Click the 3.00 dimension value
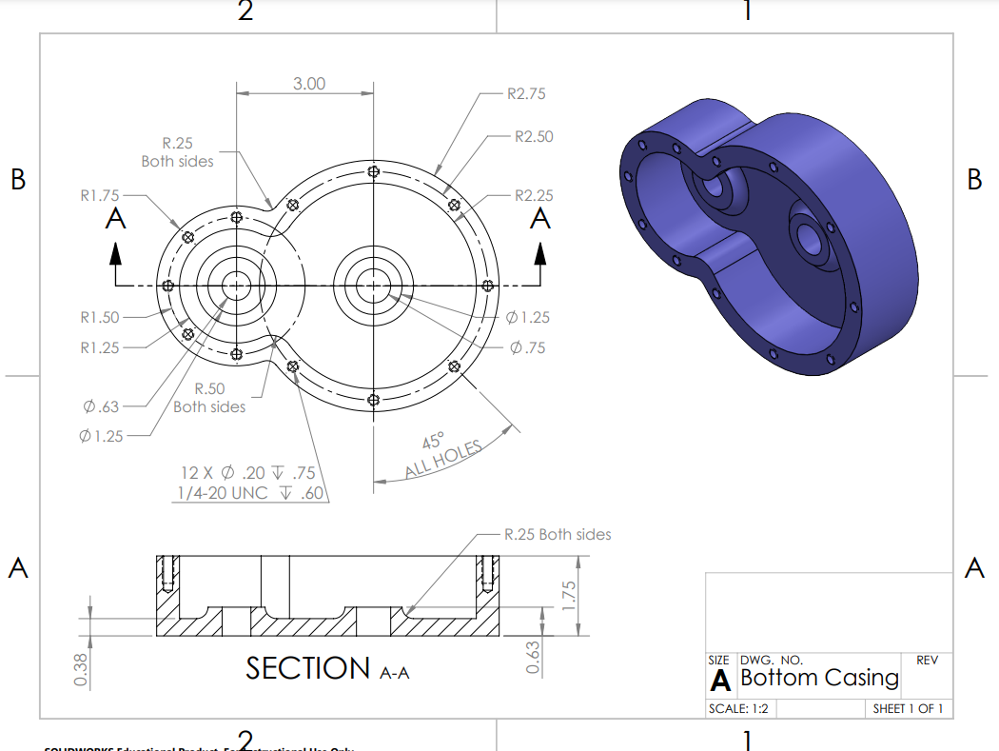[308, 84]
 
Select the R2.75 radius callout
[526, 94]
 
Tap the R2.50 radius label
[533, 137]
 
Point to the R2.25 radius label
[533, 196]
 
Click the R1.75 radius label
[100, 196]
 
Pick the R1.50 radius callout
[100, 317]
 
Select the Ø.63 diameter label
[101, 407]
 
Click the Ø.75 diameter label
[527, 347]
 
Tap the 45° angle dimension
[433, 442]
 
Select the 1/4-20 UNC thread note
[250, 493]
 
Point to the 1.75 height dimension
[570, 596]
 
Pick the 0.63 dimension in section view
[534, 658]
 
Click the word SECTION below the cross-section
[307, 668]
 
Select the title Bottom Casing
[819, 678]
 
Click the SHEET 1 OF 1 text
[908, 708]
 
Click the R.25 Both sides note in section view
[558, 535]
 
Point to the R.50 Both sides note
[209, 398]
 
